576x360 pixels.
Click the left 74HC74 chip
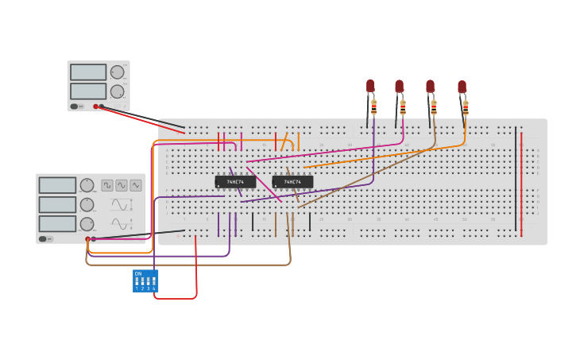click(235, 182)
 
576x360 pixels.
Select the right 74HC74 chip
click(292, 182)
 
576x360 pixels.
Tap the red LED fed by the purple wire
click(370, 86)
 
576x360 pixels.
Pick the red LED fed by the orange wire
click(462, 87)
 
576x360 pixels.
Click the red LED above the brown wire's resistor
click(430, 86)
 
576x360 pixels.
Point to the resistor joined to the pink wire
click(403, 107)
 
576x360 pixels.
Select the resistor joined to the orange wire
click(466, 107)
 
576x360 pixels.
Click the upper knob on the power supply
click(117, 72)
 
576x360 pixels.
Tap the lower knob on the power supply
click(117, 91)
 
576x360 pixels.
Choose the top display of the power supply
click(88, 72)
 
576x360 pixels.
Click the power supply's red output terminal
click(95, 106)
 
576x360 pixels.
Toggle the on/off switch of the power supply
click(75, 106)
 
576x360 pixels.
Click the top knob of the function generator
click(87, 185)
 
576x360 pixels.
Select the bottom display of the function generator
click(57, 224)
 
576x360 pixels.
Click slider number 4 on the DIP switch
click(154, 281)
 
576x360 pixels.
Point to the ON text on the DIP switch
click(138, 274)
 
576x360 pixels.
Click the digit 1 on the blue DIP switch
click(137, 288)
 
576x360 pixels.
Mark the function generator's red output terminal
click(87, 238)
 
